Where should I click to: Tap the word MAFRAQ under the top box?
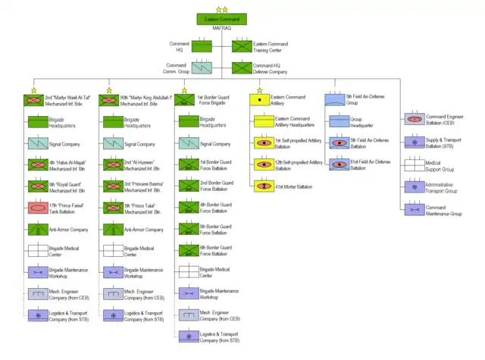coord(221,30)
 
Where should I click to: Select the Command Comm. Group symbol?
coord(201,68)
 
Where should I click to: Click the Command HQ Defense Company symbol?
coord(242,68)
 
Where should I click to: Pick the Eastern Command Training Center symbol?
coord(242,46)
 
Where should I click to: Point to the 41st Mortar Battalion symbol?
coord(261,185)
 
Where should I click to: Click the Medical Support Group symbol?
coord(414,164)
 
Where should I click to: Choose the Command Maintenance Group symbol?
coord(414,208)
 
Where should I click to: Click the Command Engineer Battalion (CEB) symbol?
coord(414,120)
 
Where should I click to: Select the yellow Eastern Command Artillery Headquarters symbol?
coord(261,121)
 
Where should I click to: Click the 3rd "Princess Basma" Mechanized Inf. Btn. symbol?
coord(111,185)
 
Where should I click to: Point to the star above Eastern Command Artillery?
coord(260,90)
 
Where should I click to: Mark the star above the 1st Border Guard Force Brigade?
coord(184,90)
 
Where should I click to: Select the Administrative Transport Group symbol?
coord(414,186)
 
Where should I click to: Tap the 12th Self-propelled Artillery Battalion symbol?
coord(261,164)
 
